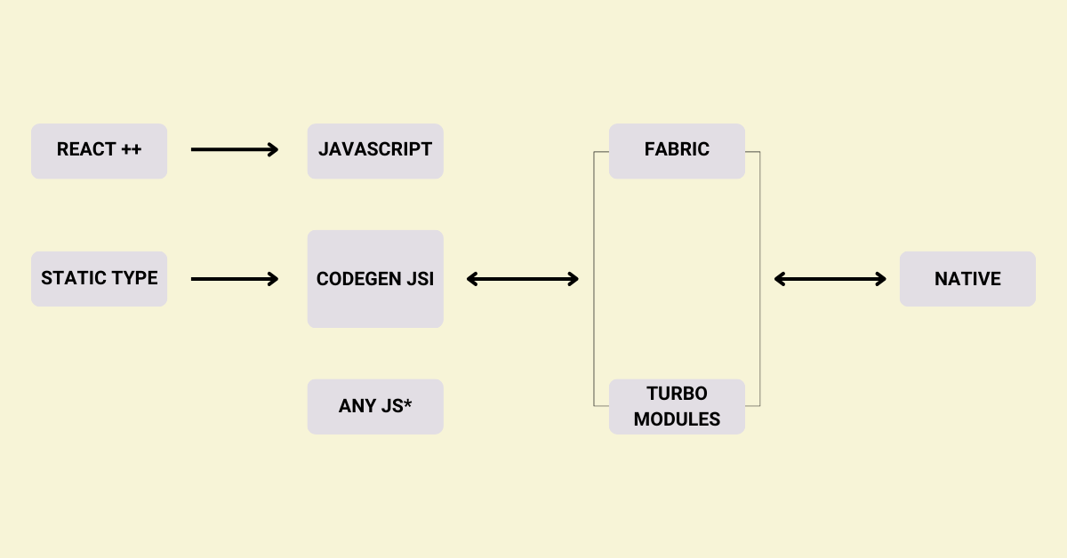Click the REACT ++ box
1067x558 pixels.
coord(99,151)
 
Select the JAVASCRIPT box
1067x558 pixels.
coord(375,151)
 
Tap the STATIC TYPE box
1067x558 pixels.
coord(99,279)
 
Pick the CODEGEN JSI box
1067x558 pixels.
coord(375,279)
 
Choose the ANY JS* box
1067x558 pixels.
coord(375,407)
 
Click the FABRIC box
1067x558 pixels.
coord(677,151)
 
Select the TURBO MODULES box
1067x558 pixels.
coord(677,407)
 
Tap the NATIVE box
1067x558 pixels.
coord(967,279)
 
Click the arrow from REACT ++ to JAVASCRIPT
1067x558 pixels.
coord(235,151)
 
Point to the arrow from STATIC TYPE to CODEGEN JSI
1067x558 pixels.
coord(235,279)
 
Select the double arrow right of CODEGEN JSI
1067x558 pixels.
coord(523,279)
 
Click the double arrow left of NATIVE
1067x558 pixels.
coord(830,279)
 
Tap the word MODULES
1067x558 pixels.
coord(677,419)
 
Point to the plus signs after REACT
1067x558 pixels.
coord(132,149)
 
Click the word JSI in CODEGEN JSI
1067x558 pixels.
coord(419,279)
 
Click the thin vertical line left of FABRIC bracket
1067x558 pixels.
coord(594,279)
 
